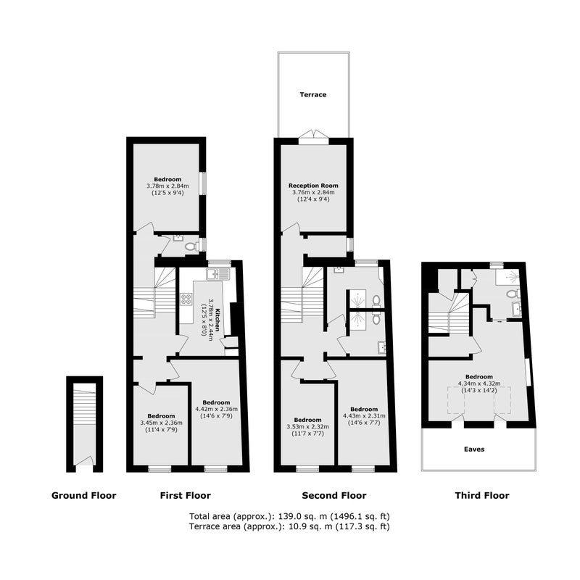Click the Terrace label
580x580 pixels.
pyautogui.click(x=313, y=95)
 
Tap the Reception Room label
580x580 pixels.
pyautogui.click(x=313, y=186)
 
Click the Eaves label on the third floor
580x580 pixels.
pyautogui.click(x=474, y=449)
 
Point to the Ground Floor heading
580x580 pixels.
pyautogui.click(x=84, y=496)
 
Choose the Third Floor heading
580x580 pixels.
pyautogui.click(x=482, y=496)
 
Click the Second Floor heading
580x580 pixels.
pyautogui.click(x=334, y=496)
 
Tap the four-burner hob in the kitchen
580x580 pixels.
pyautogui.click(x=186, y=299)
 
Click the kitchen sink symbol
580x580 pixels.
pyautogui.click(x=218, y=274)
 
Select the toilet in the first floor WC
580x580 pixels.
pyautogui.click(x=191, y=246)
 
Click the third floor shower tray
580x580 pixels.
pyautogui.click(x=509, y=276)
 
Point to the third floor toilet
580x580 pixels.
pyautogui.click(x=513, y=294)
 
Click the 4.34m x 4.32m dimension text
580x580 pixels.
pyautogui.click(x=479, y=384)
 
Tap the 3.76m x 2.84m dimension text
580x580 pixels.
pyautogui.click(x=313, y=192)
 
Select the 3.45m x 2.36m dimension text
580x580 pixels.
pyautogui.click(x=161, y=423)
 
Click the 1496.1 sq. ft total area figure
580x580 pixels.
pyautogui.click(x=362, y=516)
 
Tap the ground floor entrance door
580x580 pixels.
pyautogui.click(x=84, y=464)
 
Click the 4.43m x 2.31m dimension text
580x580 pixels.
pyautogui.click(x=364, y=415)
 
